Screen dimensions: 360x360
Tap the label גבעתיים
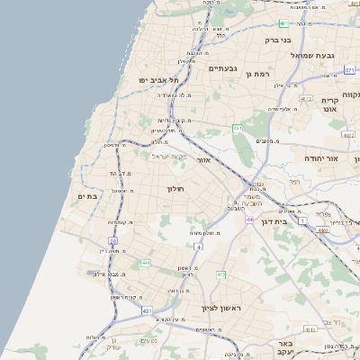point(223,68)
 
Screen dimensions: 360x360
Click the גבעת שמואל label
point(311,55)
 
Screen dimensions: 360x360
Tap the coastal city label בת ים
point(87,196)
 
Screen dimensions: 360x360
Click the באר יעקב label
point(285,347)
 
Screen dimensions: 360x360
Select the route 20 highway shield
point(113,241)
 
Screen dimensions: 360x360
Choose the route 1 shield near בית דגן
point(302,220)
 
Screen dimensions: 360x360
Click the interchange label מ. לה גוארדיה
point(172,94)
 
